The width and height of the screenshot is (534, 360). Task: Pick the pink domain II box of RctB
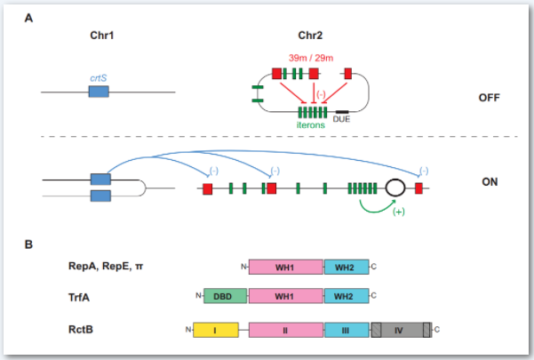point(286,330)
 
